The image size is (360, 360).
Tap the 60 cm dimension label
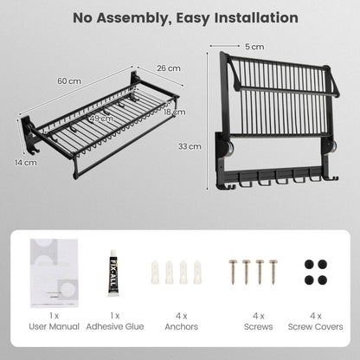[68, 80]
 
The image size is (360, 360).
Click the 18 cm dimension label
[174, 112]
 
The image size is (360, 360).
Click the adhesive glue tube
[113, 270]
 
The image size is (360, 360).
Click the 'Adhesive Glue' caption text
[114, 326]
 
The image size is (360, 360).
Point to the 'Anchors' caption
[180, 326]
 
